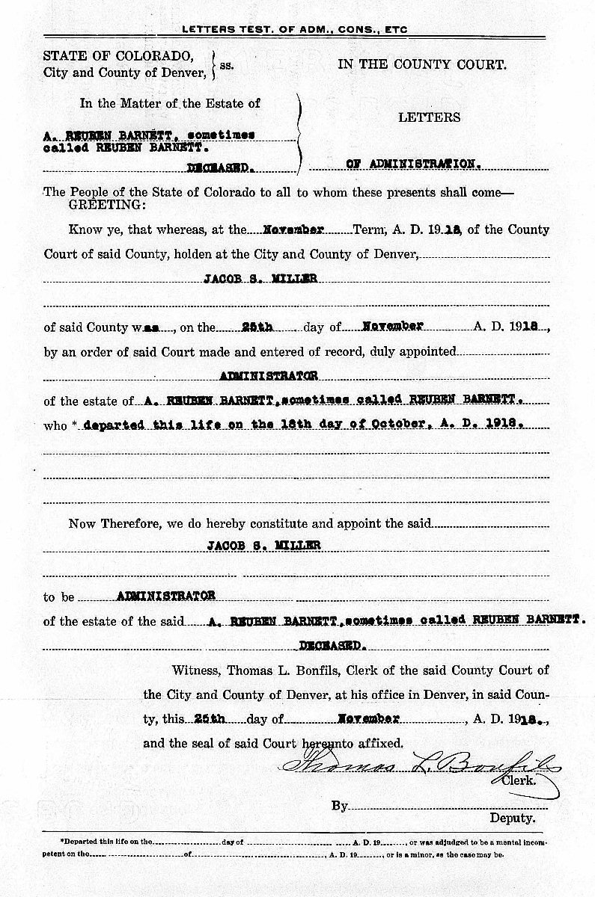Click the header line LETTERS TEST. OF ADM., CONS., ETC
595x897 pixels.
click(295, 29)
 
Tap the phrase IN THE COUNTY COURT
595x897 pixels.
click(422, 64)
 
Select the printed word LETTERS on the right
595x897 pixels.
click(429, 117)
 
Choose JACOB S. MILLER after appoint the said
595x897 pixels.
click(263, 546)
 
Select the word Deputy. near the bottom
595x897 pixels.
click(513, 818)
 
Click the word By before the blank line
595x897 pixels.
click(340, 806)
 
